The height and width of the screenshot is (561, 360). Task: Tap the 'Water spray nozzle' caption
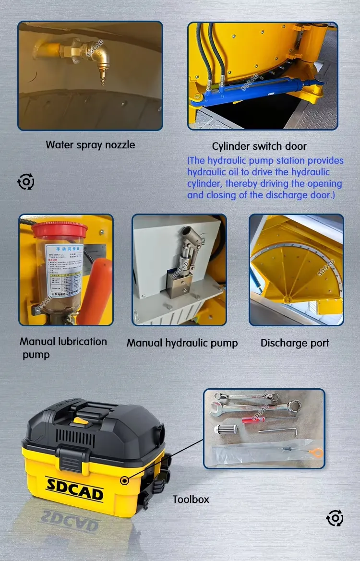coord(90,144)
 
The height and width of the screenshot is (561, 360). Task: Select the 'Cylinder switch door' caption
coord(259,146)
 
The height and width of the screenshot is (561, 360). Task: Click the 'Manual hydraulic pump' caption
coord(182,343)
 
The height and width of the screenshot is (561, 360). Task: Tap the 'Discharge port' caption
coord(295,343)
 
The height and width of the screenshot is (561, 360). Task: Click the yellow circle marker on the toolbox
coord(125,480)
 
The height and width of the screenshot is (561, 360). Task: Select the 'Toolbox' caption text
coord(191,499)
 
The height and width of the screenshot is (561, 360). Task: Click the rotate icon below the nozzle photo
coord(26,182)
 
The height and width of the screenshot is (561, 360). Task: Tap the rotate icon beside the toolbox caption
coord(335,518)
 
